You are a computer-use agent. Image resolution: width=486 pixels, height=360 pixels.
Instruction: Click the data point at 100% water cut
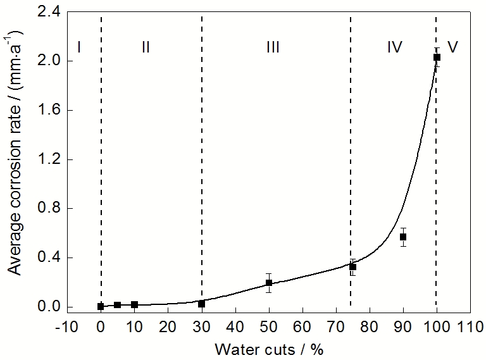pos(437,58)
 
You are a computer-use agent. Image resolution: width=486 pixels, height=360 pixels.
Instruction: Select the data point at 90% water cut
pos(403,237)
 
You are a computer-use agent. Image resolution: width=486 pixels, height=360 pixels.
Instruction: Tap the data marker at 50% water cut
pos(269,283)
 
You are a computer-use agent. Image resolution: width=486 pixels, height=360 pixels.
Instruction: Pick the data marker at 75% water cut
pos(353,267)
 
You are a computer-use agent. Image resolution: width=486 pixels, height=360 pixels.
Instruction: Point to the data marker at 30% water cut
pos(201,304)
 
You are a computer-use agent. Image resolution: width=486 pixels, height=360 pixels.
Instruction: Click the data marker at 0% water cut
pos(101,306)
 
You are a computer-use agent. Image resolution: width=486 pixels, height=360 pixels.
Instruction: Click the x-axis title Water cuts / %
pos(268,349)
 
